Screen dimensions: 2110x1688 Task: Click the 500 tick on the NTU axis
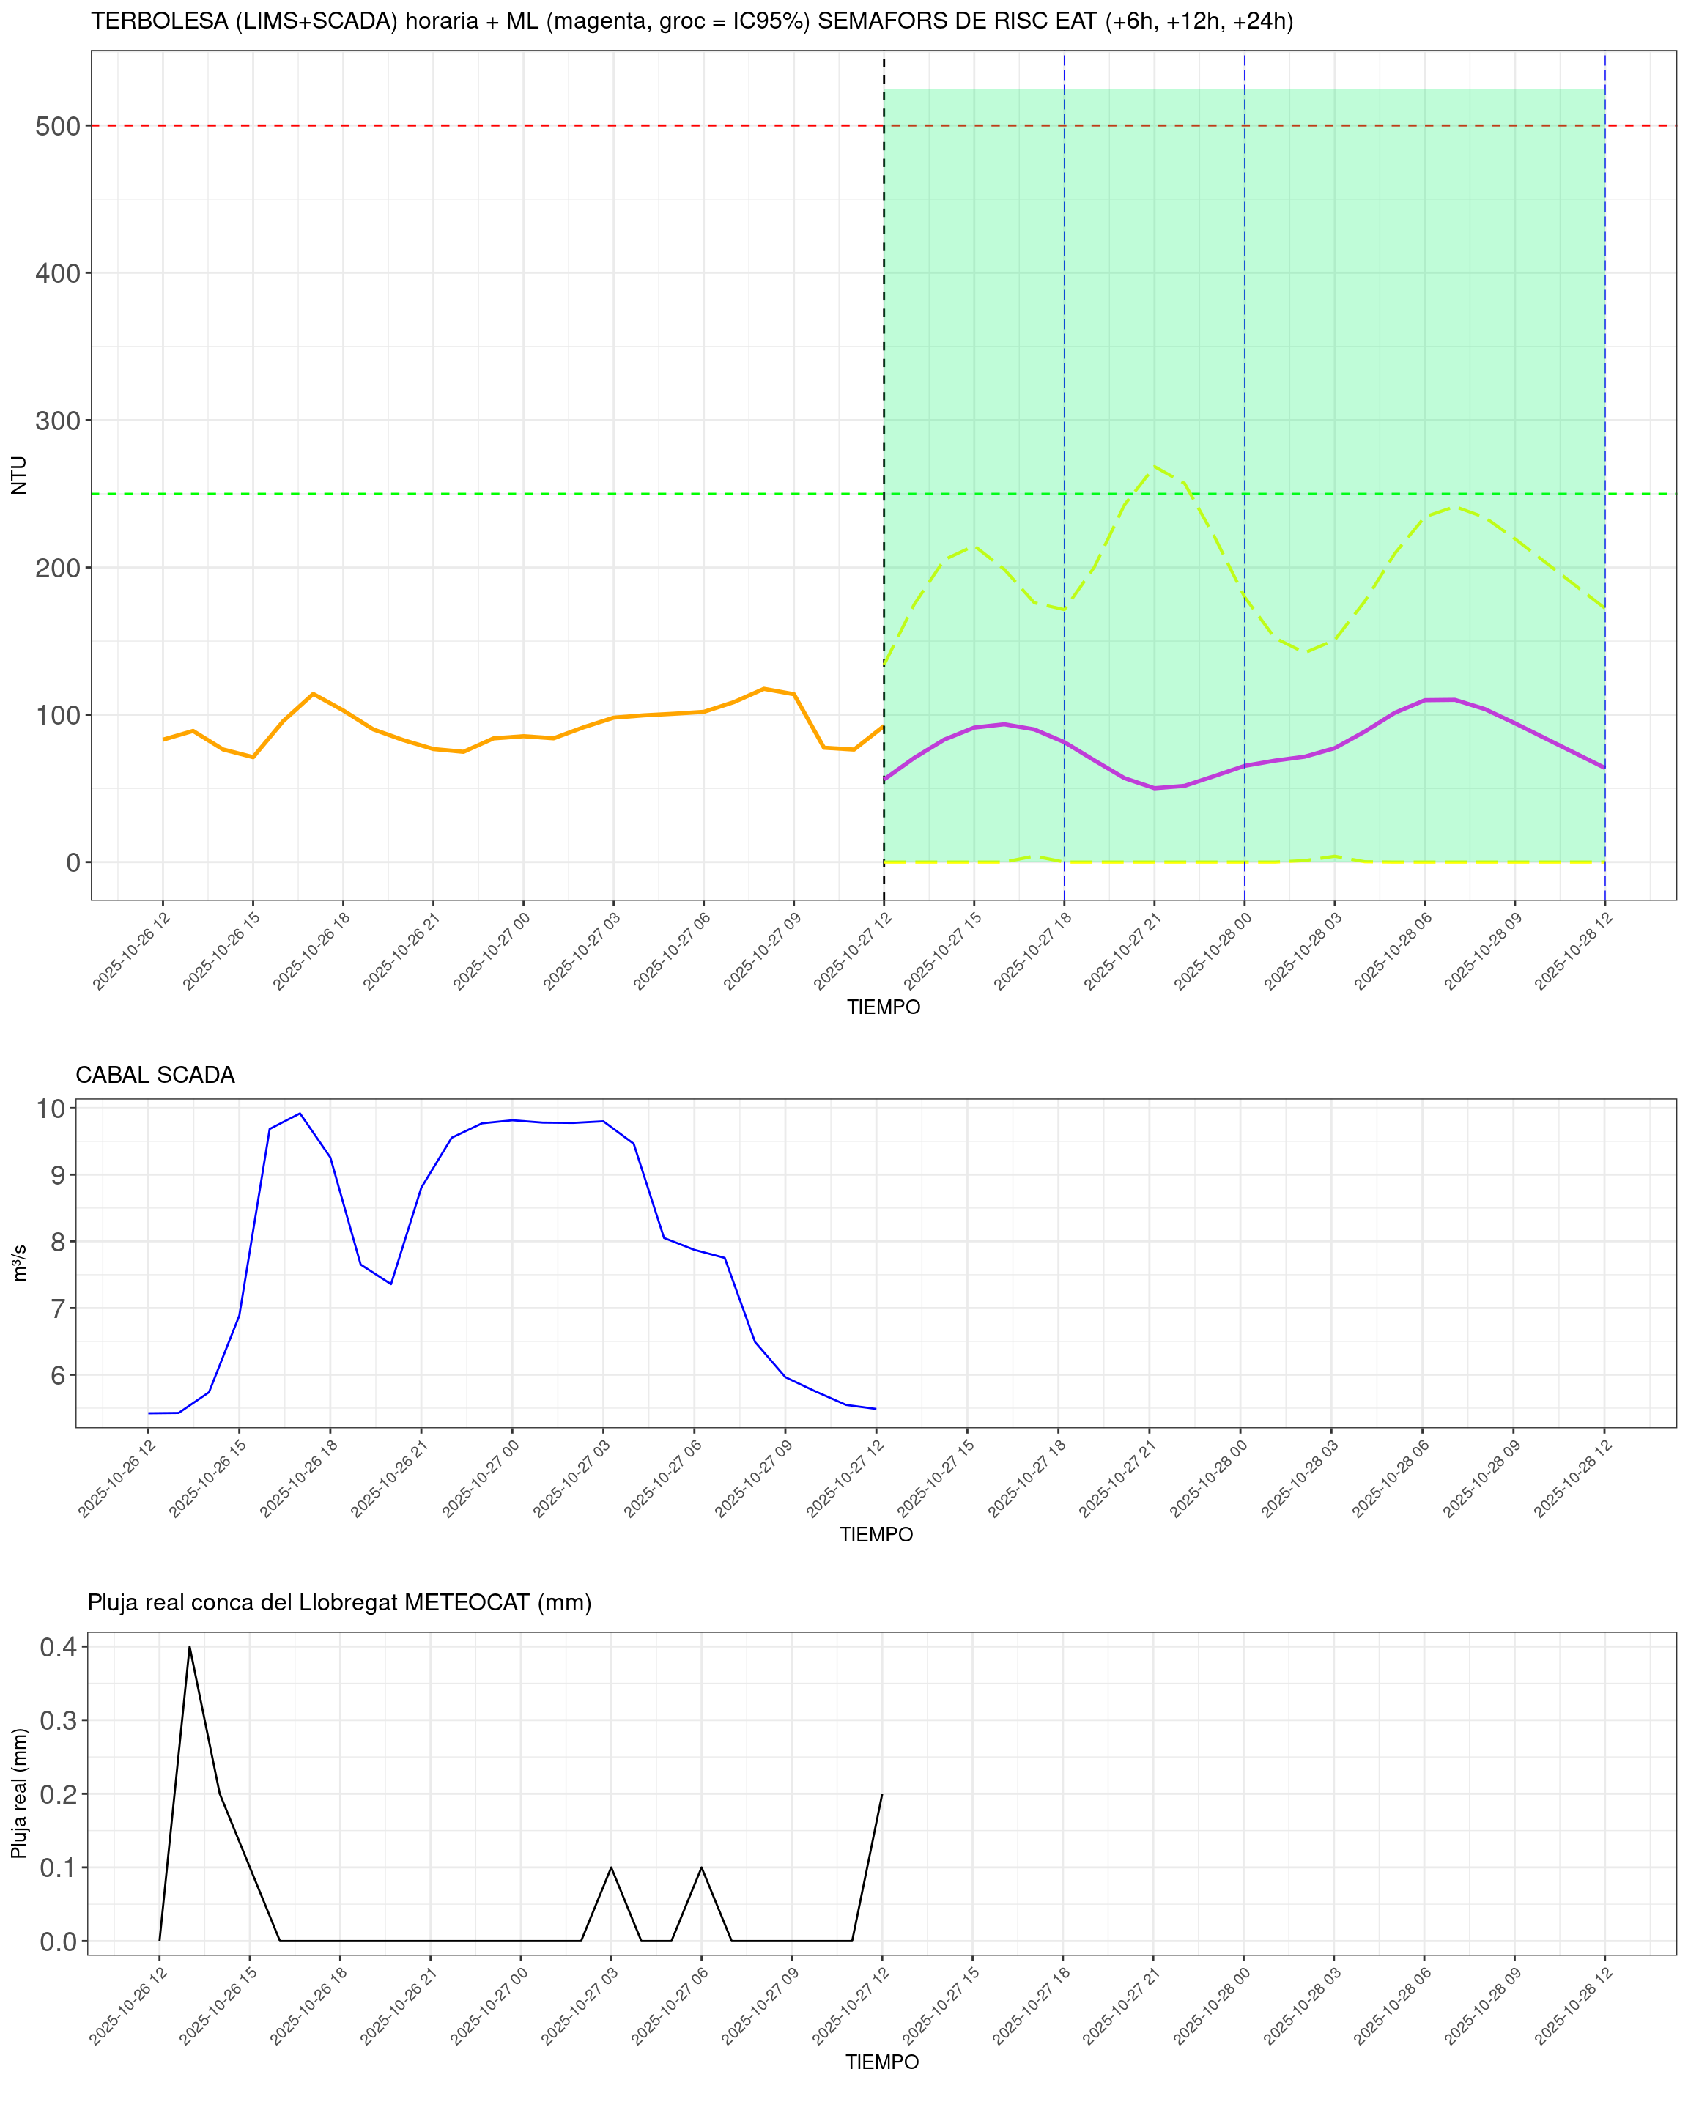[x=56, y=126]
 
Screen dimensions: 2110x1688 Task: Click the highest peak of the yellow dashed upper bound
[x=1155, y=467]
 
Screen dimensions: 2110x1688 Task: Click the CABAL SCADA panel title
[x=155, y=1075]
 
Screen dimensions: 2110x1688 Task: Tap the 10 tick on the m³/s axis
[x=50, y=1108]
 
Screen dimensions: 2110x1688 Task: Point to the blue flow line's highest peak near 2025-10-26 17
[x=300, y=1113]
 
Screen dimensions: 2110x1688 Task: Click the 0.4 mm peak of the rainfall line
[x=189, y=1647]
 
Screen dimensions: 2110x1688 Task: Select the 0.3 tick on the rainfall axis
[x=58, y=1720]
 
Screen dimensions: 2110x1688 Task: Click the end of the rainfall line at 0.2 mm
[x=881, y=1794]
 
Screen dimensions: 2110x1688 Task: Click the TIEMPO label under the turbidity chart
[x=883, y=1007]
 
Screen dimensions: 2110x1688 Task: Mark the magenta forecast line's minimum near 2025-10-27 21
[x=1155, y=788]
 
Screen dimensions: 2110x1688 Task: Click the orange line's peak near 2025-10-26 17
[x=313, y=694]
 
